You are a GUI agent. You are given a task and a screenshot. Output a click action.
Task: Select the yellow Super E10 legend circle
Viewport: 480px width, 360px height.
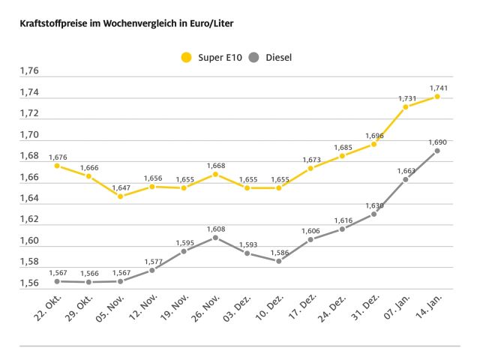[186, 56]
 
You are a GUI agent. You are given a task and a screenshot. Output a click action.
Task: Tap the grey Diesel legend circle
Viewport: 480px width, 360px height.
[254, 56]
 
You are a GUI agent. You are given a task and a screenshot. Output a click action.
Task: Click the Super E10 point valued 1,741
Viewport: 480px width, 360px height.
[437, 96]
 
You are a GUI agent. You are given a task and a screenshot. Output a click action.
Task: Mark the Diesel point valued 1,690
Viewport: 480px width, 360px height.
[437, 150]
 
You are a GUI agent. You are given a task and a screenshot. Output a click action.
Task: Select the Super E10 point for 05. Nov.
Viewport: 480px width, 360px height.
[120, 196]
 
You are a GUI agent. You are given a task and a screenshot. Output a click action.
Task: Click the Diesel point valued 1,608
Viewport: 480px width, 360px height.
[215, 237]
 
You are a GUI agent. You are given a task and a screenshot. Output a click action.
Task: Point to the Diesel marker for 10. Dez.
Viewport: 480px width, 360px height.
[278, 260]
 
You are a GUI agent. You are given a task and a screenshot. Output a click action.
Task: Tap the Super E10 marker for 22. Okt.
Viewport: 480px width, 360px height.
[57, 165]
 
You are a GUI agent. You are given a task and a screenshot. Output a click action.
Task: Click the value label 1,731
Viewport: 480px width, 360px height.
[407, 98]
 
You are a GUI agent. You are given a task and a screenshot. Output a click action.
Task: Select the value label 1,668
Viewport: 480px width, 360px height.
[215, 166]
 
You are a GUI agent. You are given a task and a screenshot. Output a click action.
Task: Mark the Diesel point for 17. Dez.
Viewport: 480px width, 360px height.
[310, 239]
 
